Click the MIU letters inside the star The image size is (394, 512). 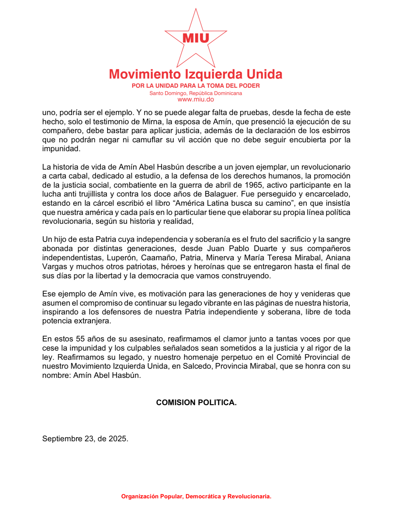coord(196,38)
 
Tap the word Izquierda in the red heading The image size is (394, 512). coord(213,74)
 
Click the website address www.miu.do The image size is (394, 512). coord(196,100)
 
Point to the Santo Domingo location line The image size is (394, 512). coord(196,93)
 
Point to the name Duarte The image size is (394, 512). coord(265,249)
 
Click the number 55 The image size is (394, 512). coord(80,339)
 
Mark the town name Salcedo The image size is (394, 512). coord(196,366)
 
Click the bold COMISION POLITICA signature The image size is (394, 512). coord(196,403)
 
